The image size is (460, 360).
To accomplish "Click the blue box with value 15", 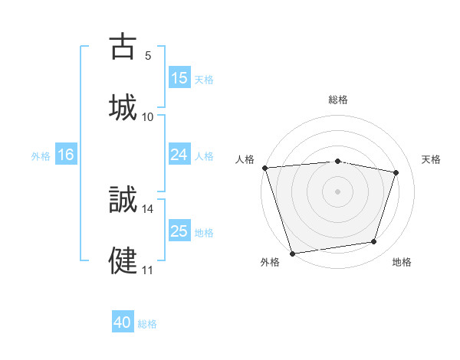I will click(179, 78).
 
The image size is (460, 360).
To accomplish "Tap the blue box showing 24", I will click(179, 155).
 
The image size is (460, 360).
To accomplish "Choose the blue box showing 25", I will click(179, 231).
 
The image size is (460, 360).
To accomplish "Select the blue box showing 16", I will click(66, 155).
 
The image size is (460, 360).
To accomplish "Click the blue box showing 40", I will click(123, 322).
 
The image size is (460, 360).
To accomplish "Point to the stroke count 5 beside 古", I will click(148, 56).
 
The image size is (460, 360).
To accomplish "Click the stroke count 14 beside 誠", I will click(148, 208).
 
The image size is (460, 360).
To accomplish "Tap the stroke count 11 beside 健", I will click(148, 270).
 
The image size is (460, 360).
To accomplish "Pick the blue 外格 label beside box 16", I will click(41, 156).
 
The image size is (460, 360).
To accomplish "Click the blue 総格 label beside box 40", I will click(147, 324).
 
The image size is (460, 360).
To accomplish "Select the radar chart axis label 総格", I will click(338, 100).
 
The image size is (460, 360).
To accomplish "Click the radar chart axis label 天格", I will click(432, 159).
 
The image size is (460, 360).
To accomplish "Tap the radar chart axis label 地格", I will click(402, 263).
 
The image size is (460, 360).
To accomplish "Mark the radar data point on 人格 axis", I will click(264, 168).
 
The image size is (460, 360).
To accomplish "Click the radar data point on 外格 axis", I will click(292, 252).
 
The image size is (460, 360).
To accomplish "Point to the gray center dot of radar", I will click(338, 191).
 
